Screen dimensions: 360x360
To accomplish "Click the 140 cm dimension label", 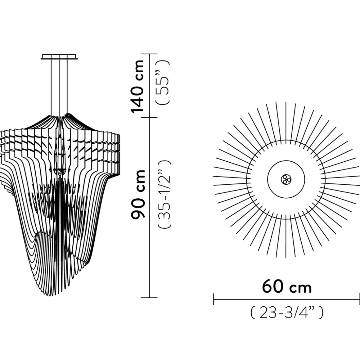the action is (x=137, y=87).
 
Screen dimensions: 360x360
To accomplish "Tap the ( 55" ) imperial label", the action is (x=163, y=82).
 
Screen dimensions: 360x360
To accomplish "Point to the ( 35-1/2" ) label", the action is (x=164, y=195).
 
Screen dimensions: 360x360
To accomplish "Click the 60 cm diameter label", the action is (x=287, y=286).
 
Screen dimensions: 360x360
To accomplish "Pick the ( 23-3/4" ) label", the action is (x=287, y=313).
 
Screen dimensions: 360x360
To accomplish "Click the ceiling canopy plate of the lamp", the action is (x=59, y=57).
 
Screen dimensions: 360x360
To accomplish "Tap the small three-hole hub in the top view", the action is (x=286, y=179).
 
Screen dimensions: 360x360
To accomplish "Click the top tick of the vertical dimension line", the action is (x=149, y=54).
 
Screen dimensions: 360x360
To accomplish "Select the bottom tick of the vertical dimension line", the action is (x=149, y=298).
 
